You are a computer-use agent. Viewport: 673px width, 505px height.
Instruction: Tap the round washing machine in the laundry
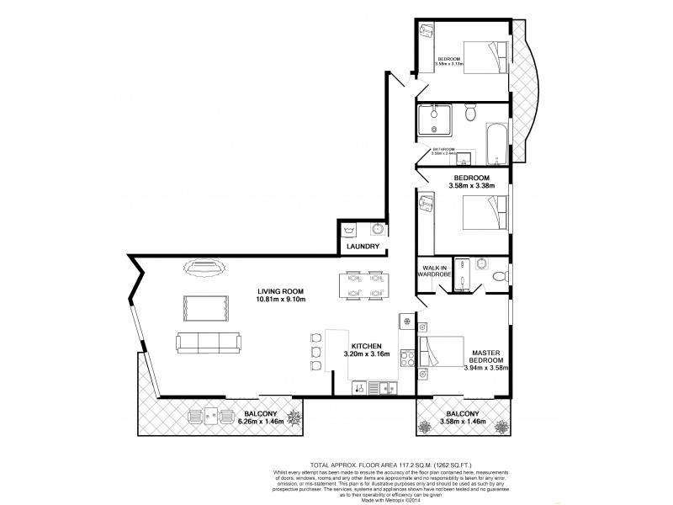tap(379, 229)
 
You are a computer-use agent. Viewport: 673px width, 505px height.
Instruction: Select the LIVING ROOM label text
tap(280, 292)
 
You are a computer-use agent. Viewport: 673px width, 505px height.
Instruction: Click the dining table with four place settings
tap(363, 286)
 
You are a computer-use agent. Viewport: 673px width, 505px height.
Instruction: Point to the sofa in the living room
tap(206, 342)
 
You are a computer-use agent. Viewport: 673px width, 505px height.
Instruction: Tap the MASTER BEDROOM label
tap(487, 357)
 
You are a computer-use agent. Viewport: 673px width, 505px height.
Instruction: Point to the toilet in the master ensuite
tap(498, 275)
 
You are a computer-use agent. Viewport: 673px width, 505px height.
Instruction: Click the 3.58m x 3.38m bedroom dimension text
tap(471, 186)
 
